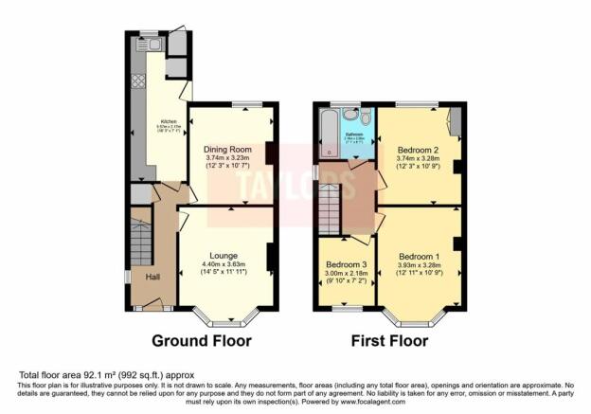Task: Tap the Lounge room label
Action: [224, 255]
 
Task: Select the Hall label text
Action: [152, 277]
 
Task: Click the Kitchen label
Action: [169, 121]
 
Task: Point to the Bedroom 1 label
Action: [419, 257]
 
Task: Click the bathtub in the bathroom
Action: [329, 133]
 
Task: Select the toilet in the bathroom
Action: [352, 117]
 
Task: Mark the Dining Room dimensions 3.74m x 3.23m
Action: [227, 159]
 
